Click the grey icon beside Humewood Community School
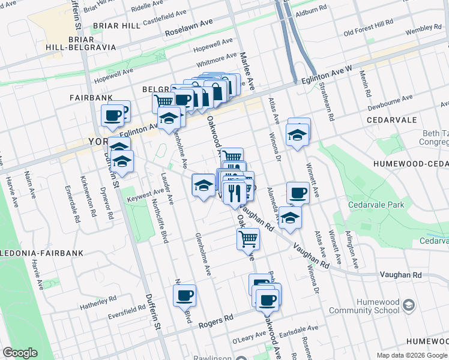[x=409, y=305]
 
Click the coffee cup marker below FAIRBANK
[x=112, y=114]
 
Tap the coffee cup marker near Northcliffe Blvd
[x=185, y=295]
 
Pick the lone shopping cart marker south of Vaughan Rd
[x=248, y=238]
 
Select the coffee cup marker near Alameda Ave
[x=297, y=193]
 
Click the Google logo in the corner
[x=20, y=353]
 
